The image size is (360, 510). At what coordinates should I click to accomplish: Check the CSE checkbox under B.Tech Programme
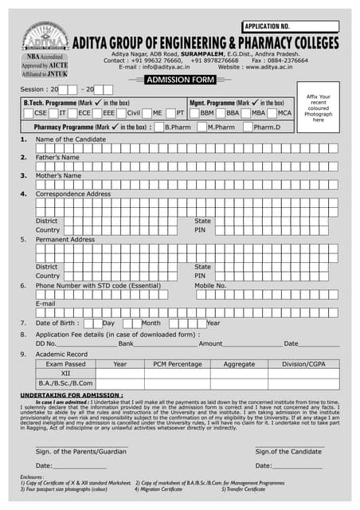click(x=28, y=113)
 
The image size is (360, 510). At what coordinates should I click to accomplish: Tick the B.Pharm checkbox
click(x=159, y=127)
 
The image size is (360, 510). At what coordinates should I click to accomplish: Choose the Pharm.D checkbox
click(x=248, y=127)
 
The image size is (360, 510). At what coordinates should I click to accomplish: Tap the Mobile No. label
click(x=210, y=284)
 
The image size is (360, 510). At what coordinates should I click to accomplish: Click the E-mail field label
click(x=45, y=304)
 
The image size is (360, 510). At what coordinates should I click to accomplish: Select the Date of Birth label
click(x=57, y=323)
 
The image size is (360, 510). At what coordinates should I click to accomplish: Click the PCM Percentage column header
click(x=178, y=363)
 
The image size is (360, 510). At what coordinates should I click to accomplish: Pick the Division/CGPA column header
click(x=303, y=363)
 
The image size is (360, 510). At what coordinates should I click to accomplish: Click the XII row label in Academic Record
click(x=65, y=373)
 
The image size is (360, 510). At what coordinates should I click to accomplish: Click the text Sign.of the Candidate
click(x=288, y=451)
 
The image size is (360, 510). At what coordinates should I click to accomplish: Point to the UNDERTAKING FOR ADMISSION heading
click(x=71, y=394)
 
